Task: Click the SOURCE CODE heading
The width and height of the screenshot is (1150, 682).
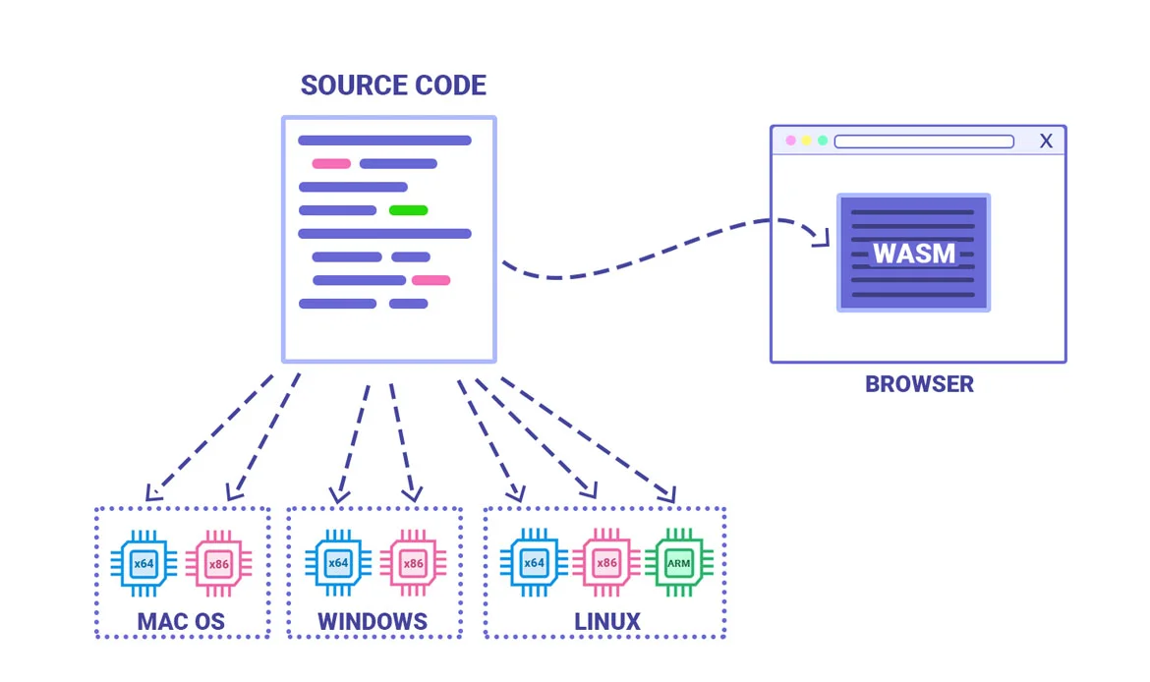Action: [393, 85]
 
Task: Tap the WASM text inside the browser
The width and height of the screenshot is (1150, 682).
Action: [914, 254]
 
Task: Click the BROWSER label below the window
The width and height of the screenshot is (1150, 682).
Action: [919, 384]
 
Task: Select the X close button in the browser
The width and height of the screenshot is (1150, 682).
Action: [1046, 142]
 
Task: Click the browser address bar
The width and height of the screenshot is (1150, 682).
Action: [924, 142]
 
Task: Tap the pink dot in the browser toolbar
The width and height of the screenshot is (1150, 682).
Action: [790, 142]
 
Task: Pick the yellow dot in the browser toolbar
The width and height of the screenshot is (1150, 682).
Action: [806, 142]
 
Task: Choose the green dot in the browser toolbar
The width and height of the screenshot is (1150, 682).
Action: [823, 142]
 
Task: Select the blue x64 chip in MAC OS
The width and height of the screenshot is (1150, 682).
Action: [144, 563]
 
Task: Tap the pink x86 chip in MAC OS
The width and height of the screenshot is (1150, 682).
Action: [218, 563]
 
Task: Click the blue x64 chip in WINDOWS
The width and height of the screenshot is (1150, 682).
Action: [338, 563]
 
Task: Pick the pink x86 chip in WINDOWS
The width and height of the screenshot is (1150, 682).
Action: [413, 563]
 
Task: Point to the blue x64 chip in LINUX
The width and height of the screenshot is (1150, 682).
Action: [534, 563]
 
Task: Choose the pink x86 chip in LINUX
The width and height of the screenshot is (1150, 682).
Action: [607, 563]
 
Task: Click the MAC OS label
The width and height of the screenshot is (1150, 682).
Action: [181, 622]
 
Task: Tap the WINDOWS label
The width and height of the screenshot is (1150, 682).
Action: [373, 622]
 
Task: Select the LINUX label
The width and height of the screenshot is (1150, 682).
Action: [607, 622]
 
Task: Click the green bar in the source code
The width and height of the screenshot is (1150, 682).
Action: [408, 210]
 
